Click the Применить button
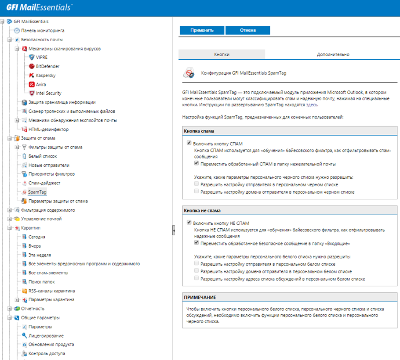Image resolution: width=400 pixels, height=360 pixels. (x=202, y=30)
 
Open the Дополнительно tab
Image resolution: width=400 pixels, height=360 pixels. (x=333, y=54)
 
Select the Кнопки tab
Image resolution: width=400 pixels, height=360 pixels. (x=222, y=54)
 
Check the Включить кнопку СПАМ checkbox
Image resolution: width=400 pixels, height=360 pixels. (x=189, y=143)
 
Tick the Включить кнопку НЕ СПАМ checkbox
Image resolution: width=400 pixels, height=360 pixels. (x=189, y=223)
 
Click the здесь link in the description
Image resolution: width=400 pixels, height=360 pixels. (x=312, y=105)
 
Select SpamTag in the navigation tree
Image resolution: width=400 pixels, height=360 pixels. (x=37, y=192)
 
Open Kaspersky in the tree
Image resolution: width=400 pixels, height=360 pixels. (x=45, y=76)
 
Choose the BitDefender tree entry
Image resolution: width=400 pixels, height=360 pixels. (x=47, y=66)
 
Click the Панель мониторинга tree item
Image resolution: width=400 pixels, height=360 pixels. (x=43, y=31)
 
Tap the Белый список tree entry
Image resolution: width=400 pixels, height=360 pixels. (x=43, y=156)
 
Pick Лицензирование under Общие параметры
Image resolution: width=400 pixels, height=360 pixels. (x=46, y=335)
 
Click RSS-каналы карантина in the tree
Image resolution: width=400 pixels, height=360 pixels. (x=51, y=291)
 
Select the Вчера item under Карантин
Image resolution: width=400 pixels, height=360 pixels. (x=35, y=246)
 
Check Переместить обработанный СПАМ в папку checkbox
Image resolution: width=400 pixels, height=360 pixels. (x=196, y=164)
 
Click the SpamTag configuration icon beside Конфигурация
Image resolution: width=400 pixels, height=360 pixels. (x=189, y=73)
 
